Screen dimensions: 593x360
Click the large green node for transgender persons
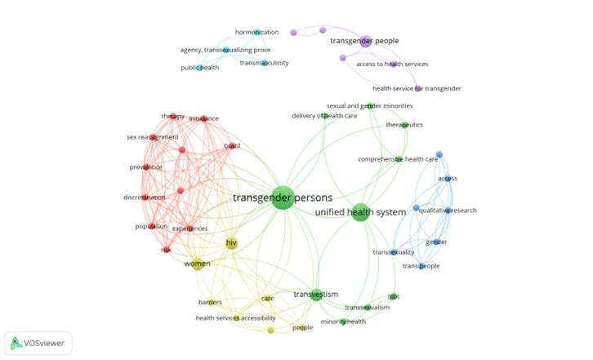tap(282, 198)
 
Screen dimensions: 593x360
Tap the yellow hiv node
tap(232, 243)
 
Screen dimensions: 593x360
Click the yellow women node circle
tap(197, 264)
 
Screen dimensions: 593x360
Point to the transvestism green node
tap(316, 295)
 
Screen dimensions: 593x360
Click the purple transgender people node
tap(365, 41)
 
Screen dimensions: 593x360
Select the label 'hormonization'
tap(256, 32)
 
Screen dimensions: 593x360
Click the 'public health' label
tap(200, 68)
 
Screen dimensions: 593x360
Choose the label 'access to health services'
tap(392, 64)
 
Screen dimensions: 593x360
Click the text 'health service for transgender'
tap(417, 88)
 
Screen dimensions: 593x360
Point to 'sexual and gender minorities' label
tap(369, 106)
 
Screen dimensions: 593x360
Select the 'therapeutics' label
tap(404, 125)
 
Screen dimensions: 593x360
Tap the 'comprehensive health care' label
tap(398, 159)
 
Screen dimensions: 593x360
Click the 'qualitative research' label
tap(447, 211)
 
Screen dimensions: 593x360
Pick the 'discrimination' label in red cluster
tap(144, 198)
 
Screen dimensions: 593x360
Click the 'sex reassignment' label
tap(152, 137)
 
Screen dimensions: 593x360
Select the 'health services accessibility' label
tap(235, 318)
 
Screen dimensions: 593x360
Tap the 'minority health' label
tap(343, 322)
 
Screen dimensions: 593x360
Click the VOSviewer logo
tap(38, 343)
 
